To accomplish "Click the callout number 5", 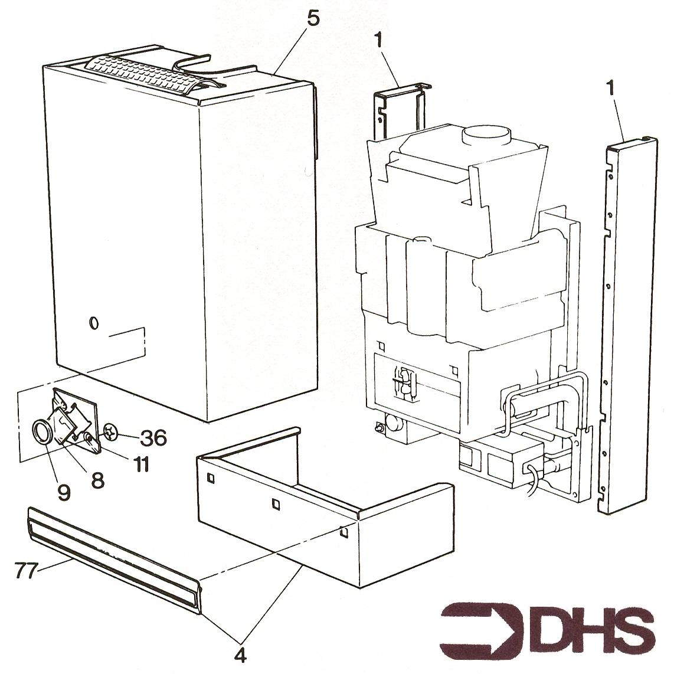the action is point(314,18).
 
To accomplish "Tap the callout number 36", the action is point(153,438).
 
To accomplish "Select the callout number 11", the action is point(142,464).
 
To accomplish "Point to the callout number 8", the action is point(98,480).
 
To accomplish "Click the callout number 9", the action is point(64,493).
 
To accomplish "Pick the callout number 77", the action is point(25,570).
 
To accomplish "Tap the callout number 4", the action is point(241,655).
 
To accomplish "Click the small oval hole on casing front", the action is point(94,323).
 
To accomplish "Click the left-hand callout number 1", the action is point(378,41).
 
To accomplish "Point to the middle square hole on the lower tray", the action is point(276,503).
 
